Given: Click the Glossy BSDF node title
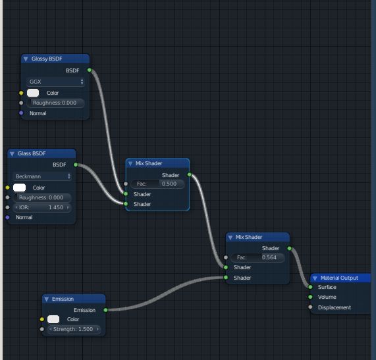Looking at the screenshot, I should click(45, 59).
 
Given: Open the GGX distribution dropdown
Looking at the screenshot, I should click(56, 82).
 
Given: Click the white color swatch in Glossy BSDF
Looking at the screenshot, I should click(33, 93).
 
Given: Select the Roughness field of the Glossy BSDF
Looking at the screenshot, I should click(56, 103).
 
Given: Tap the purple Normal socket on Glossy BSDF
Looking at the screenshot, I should click(21, 113).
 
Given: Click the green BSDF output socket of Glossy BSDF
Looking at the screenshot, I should click(89, 69).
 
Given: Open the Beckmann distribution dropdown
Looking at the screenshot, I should click(42, 176).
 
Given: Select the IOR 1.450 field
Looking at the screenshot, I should click(42, 207).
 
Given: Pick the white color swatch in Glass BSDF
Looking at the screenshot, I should click(19, 188).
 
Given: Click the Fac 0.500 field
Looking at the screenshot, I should click(157, 184).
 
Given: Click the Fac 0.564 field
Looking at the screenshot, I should click(258, 257).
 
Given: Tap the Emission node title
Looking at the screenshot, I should click(63, 299).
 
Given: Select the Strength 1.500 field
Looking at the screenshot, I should click(74, 329).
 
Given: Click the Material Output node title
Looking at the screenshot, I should click(339, 278).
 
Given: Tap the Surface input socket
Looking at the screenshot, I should click(310, 287).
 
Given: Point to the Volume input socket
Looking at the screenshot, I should click(310, 297).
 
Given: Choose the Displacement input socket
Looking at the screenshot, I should click(310, 307).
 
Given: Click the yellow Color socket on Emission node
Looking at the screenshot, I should click(41, 319).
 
